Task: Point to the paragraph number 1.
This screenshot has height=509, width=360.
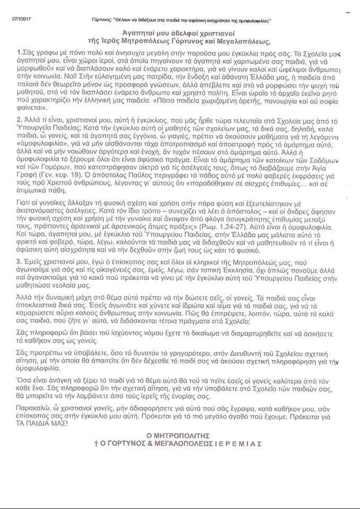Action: [x=20, y=54]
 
